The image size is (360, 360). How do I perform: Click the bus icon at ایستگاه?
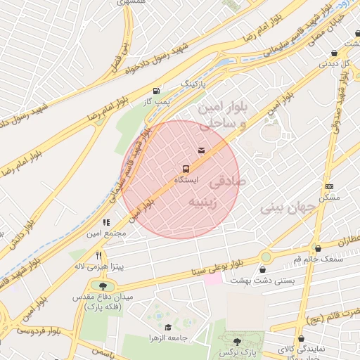tap(185, 169)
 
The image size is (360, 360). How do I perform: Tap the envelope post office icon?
tap(202, 150)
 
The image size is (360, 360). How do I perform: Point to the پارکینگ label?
tap(195, 84)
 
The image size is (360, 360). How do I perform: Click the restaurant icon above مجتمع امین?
tap(106, 222)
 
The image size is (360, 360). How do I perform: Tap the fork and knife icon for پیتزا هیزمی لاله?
tap(99, 255)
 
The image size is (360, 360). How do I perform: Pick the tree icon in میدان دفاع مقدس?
tap(104, 286)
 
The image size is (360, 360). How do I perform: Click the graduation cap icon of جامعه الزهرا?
tap(167, 327)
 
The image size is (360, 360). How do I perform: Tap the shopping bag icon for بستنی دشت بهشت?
tap(263, 269)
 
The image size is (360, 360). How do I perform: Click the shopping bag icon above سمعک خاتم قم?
tap(319, 248)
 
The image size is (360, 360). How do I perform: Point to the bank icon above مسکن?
tap(330, 186)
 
